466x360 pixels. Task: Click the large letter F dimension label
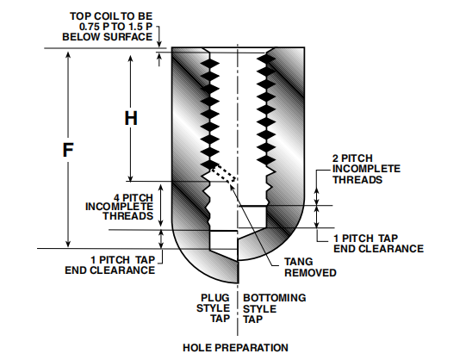click(x=68, y=150)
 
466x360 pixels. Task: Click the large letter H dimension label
click(x=131, y=118)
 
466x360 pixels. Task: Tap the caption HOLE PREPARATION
click(x=235, y=348)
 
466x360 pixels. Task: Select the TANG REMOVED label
click(x=310, y=267)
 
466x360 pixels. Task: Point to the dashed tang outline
click(x=223, y=173)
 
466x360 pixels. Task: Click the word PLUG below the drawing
click(x=215, y=298)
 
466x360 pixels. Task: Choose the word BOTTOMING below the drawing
click(x=275, y=298)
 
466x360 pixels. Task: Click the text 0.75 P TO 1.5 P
click(x=116, y=27)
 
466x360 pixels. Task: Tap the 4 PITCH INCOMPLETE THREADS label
click(x=119, y=207)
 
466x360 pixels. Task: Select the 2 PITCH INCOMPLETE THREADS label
click(x=366, y=169)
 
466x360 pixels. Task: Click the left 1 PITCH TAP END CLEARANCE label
click(x=110, y=265)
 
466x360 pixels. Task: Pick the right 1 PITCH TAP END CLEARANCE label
click(x=378, y=243)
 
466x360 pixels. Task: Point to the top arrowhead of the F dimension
click(x=68, y=55)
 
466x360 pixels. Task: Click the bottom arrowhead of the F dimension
click(x=68, y=243)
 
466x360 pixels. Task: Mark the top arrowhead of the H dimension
click(x=130, y=59)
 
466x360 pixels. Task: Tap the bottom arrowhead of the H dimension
click(x=130, y=177)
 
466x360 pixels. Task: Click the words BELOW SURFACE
click(x=108, y=37)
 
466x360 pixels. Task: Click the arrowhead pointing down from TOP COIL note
click(x=159, y=43)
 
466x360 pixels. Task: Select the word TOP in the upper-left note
click(x=78, y=16)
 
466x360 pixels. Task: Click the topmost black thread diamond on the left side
click(x=210, y=63)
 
